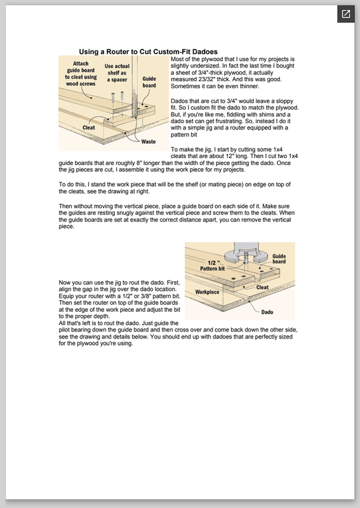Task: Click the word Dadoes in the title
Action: (205, 52)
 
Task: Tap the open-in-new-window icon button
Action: (346, 14)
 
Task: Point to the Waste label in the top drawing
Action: (149, 142)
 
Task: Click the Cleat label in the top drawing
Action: (88, 128)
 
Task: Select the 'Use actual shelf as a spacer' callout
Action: (117, 73)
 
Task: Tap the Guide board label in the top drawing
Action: (149, 82)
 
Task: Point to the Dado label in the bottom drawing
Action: (267, 312)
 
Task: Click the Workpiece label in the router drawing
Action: (207, 292)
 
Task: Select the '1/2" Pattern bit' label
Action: (213, 265)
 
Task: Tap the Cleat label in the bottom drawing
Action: (262, 288)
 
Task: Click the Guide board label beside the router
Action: (279, 259)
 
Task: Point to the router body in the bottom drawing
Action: (247, 251)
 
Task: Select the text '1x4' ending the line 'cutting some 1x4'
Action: (277, 149)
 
